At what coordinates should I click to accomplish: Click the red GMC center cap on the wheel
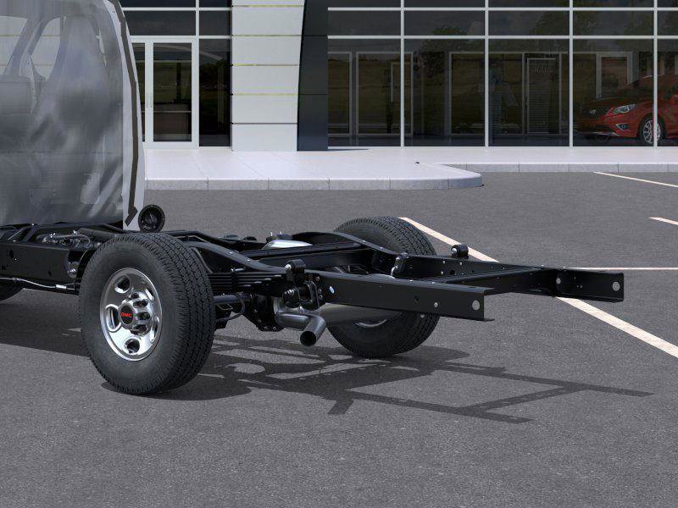click(x=127, y=314)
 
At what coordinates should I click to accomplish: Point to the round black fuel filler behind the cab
click(x=152, y=218)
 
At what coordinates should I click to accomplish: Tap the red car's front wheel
click(x=650, y=130)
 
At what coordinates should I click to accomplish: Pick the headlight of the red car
click(x=624, y=109)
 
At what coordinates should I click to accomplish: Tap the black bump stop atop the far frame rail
click(x=459, y=251)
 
